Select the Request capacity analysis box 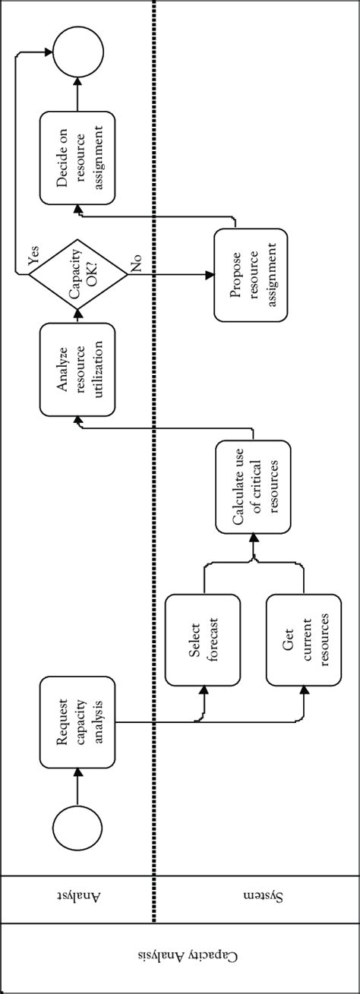coord(77,722)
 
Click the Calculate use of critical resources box coord(253,485)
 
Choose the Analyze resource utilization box coord(77,369)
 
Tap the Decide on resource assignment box coord(77,157)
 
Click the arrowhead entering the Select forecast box coord(204,689)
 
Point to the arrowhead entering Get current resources coord(304,689)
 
